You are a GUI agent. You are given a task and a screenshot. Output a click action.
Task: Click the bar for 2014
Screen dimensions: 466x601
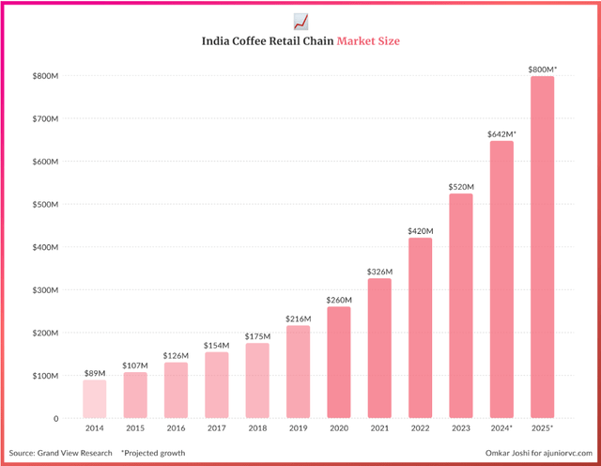(x=95, y=398)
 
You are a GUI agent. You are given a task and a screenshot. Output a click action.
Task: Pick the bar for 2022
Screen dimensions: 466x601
(x=420, y=328)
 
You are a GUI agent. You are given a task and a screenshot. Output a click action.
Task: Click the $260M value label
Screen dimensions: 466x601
(x=338, y=300)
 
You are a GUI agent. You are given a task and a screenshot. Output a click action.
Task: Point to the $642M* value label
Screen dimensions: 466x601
(x=501, y=134)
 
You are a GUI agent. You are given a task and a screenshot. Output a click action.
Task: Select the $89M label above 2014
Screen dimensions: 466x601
(x=95, y=373)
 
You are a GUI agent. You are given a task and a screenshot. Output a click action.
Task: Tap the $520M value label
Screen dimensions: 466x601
(x=460, y=186)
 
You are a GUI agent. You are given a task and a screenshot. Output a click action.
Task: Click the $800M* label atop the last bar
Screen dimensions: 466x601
(x=542, y=70)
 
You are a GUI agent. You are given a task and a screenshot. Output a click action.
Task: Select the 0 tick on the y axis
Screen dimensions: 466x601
(x=55, y=418)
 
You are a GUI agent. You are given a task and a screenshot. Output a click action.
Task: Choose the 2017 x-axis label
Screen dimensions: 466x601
(x=216, y=429)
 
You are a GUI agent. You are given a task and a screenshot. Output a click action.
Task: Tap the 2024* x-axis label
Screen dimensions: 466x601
(x=501, y=429)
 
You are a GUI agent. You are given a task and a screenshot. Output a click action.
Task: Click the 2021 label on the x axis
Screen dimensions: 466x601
(x=379, y=429)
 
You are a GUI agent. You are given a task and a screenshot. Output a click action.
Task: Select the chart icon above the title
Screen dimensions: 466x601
(x=300, y=20)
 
